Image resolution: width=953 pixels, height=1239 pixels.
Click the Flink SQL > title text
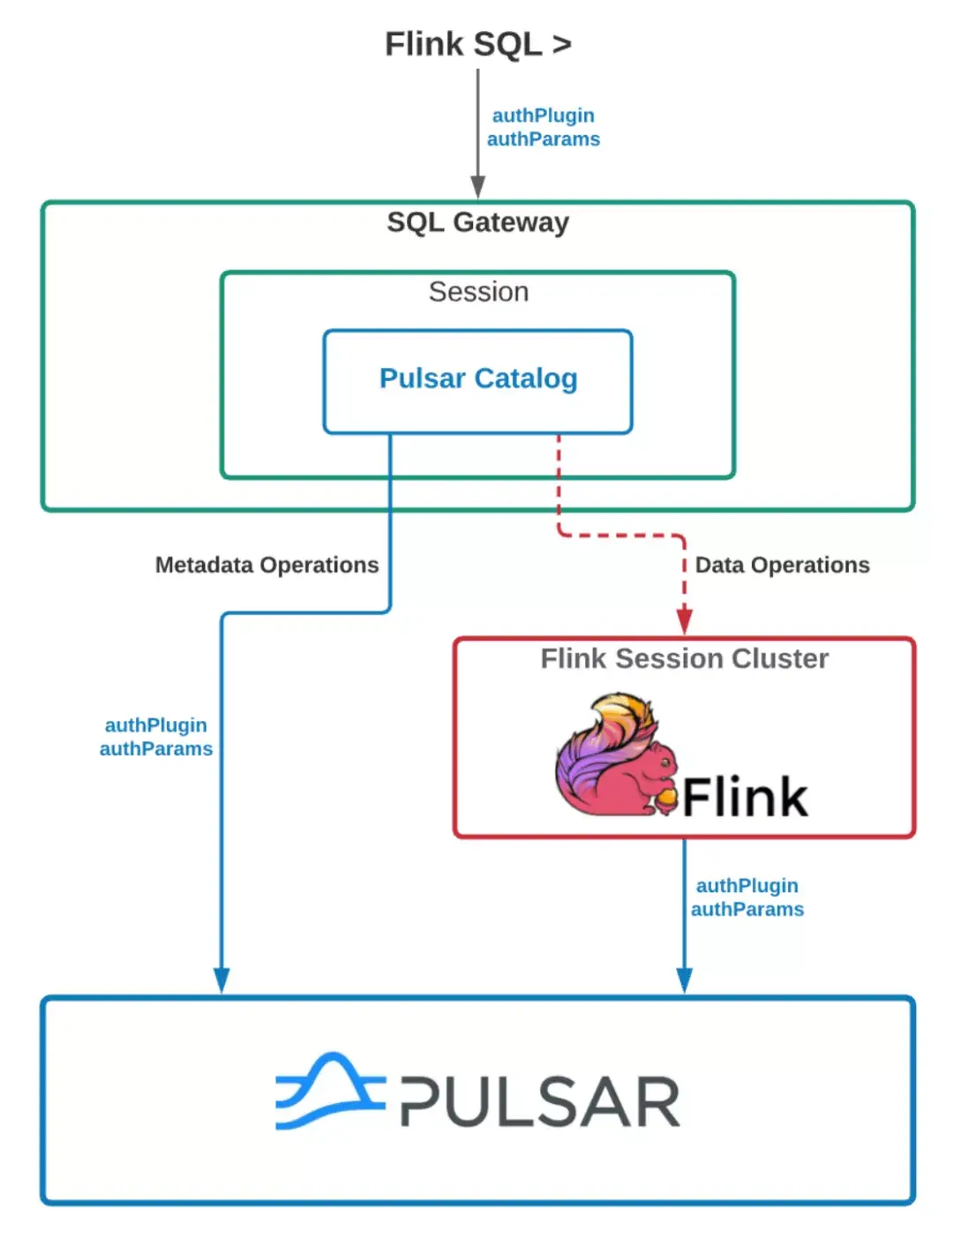[x=477, y=44]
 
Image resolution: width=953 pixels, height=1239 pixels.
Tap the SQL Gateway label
[x=477, y=222]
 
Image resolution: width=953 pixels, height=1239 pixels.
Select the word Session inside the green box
[x=478, y=292]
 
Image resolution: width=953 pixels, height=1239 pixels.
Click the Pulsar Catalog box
[x=477, y=379]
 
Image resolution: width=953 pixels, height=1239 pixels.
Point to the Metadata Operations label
[x=266, y=565]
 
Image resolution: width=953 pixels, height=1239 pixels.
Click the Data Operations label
[x=782, y=565]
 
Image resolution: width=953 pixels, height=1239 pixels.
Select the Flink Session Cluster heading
[x=684, y=658]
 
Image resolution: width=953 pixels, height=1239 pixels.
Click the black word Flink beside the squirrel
[x=745, y=797]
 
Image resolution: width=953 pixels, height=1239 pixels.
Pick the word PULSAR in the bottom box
[x=540, y=1102]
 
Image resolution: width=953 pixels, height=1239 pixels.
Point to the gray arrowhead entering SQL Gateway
[x=477, y=187]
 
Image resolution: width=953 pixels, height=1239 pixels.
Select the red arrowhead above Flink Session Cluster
[x=684, y=620]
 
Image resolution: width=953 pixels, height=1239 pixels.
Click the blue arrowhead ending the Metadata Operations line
[x=221, y=980]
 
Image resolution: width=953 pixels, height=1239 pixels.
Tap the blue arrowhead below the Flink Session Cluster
[x=684, y=980]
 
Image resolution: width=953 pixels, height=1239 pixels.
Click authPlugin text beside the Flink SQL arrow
[x=543, y=116]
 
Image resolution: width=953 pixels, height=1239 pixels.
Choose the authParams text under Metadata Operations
[x=156, y=749]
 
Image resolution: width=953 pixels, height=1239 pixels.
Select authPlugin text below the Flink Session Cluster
[x=747, y=886]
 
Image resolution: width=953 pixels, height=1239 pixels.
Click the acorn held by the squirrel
[x=666, y=800]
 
